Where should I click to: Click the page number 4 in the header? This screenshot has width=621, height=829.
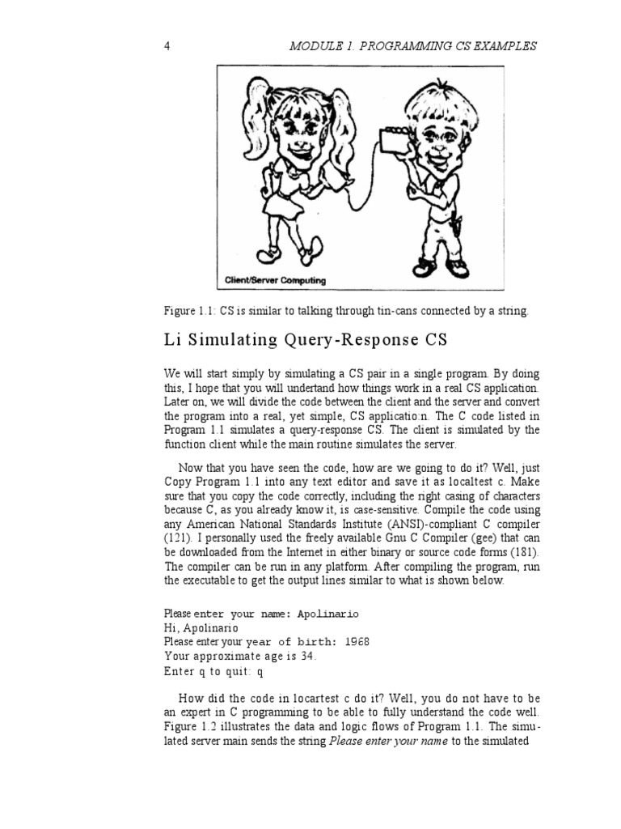pyautogui.click(x=167, y=46)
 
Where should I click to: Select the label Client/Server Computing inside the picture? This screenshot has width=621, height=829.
pyautogui.click(x=275, y=281)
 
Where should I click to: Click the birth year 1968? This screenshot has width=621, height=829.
pyautogui.click(x=357, y=641)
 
